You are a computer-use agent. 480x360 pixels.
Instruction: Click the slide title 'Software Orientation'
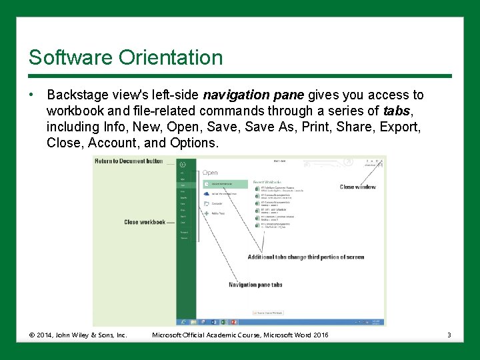click(x=125, y=57)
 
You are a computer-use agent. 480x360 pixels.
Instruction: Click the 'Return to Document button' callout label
click(x=129, y=161)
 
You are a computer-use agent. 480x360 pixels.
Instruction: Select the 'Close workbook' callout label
click(x=145, y=222)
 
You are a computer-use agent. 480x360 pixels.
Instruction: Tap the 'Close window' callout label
click(x=357, y=187)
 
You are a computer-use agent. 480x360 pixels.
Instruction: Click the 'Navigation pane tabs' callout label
click(x=255, y=285)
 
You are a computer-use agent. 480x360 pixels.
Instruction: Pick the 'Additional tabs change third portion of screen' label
click(x=305, y=257)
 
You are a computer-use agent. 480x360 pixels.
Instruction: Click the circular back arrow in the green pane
click(x=183, y=164)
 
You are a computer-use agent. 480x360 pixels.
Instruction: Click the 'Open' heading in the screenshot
click(x=210, y=173)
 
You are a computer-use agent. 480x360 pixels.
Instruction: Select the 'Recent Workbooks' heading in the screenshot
click(x=267, y=181)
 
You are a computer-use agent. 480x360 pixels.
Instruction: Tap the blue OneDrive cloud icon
click(x=207, y=193)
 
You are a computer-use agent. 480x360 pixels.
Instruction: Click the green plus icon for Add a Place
click(x=207, y=213)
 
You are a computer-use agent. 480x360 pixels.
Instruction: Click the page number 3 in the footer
click(x=449, y=335)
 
